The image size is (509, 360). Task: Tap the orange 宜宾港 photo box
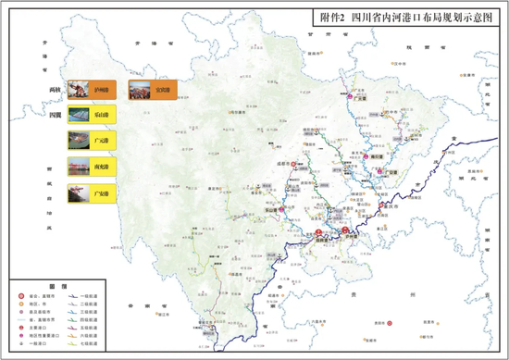pos(150,91)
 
